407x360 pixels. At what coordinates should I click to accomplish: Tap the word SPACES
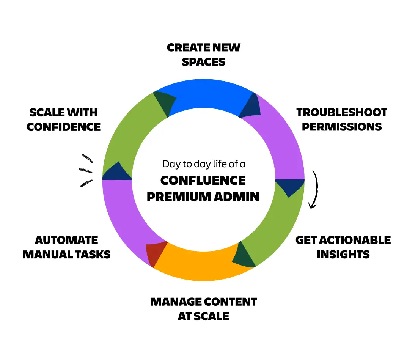click(x=204, y=62)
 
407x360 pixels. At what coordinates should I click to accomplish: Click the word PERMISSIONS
click(x=341, y=127)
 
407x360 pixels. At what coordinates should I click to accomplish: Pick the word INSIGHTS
click(x=343, y=254)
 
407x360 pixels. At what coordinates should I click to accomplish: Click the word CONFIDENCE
click(x=64, y=127)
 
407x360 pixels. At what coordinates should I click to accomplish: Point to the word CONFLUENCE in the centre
click(x=203, y=180)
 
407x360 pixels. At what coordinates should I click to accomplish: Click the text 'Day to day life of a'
click(x=204, y=164)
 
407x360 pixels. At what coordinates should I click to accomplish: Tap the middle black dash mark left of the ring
click(x=86, y=170)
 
